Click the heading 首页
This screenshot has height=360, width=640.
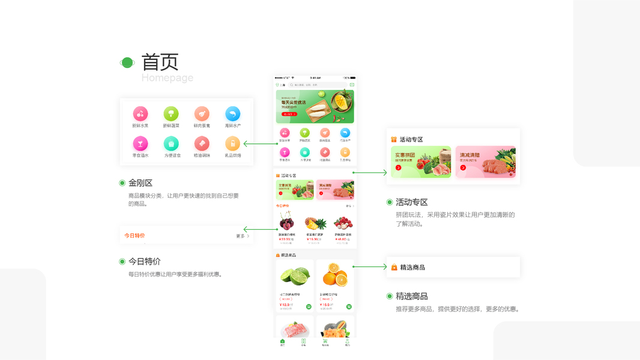tap(160, 62)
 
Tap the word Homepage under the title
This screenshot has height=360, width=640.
tap(168, 78)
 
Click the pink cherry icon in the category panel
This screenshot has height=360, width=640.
tap(140, 113)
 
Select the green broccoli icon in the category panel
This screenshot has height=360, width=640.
tap(171, 113)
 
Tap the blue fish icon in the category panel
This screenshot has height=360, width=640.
tap(232, 113)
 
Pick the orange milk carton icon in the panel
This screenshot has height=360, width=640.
tap(232, 143)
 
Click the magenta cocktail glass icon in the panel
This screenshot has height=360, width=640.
tap(140, 143)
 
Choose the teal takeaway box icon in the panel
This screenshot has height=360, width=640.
tap(171, 143)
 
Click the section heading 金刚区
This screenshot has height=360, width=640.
tap(140, 183)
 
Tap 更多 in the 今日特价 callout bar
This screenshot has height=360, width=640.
tap(242, 236)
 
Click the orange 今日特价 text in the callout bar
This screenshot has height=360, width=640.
tap(134, 236)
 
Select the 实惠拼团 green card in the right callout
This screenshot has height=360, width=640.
tap(421, 161)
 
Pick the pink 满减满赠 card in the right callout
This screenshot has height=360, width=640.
tap(485, 161)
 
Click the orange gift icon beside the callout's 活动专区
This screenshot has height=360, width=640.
tap(394, 139)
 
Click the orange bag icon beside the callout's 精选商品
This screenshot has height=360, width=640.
tap(394, 267)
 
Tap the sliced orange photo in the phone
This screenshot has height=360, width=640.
tap(334, 277)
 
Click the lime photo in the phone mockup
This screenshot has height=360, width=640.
tap(294, 276)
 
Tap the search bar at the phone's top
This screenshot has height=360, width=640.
tap(318, 85)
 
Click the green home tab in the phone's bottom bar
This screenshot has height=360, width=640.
tap(282, 342)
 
